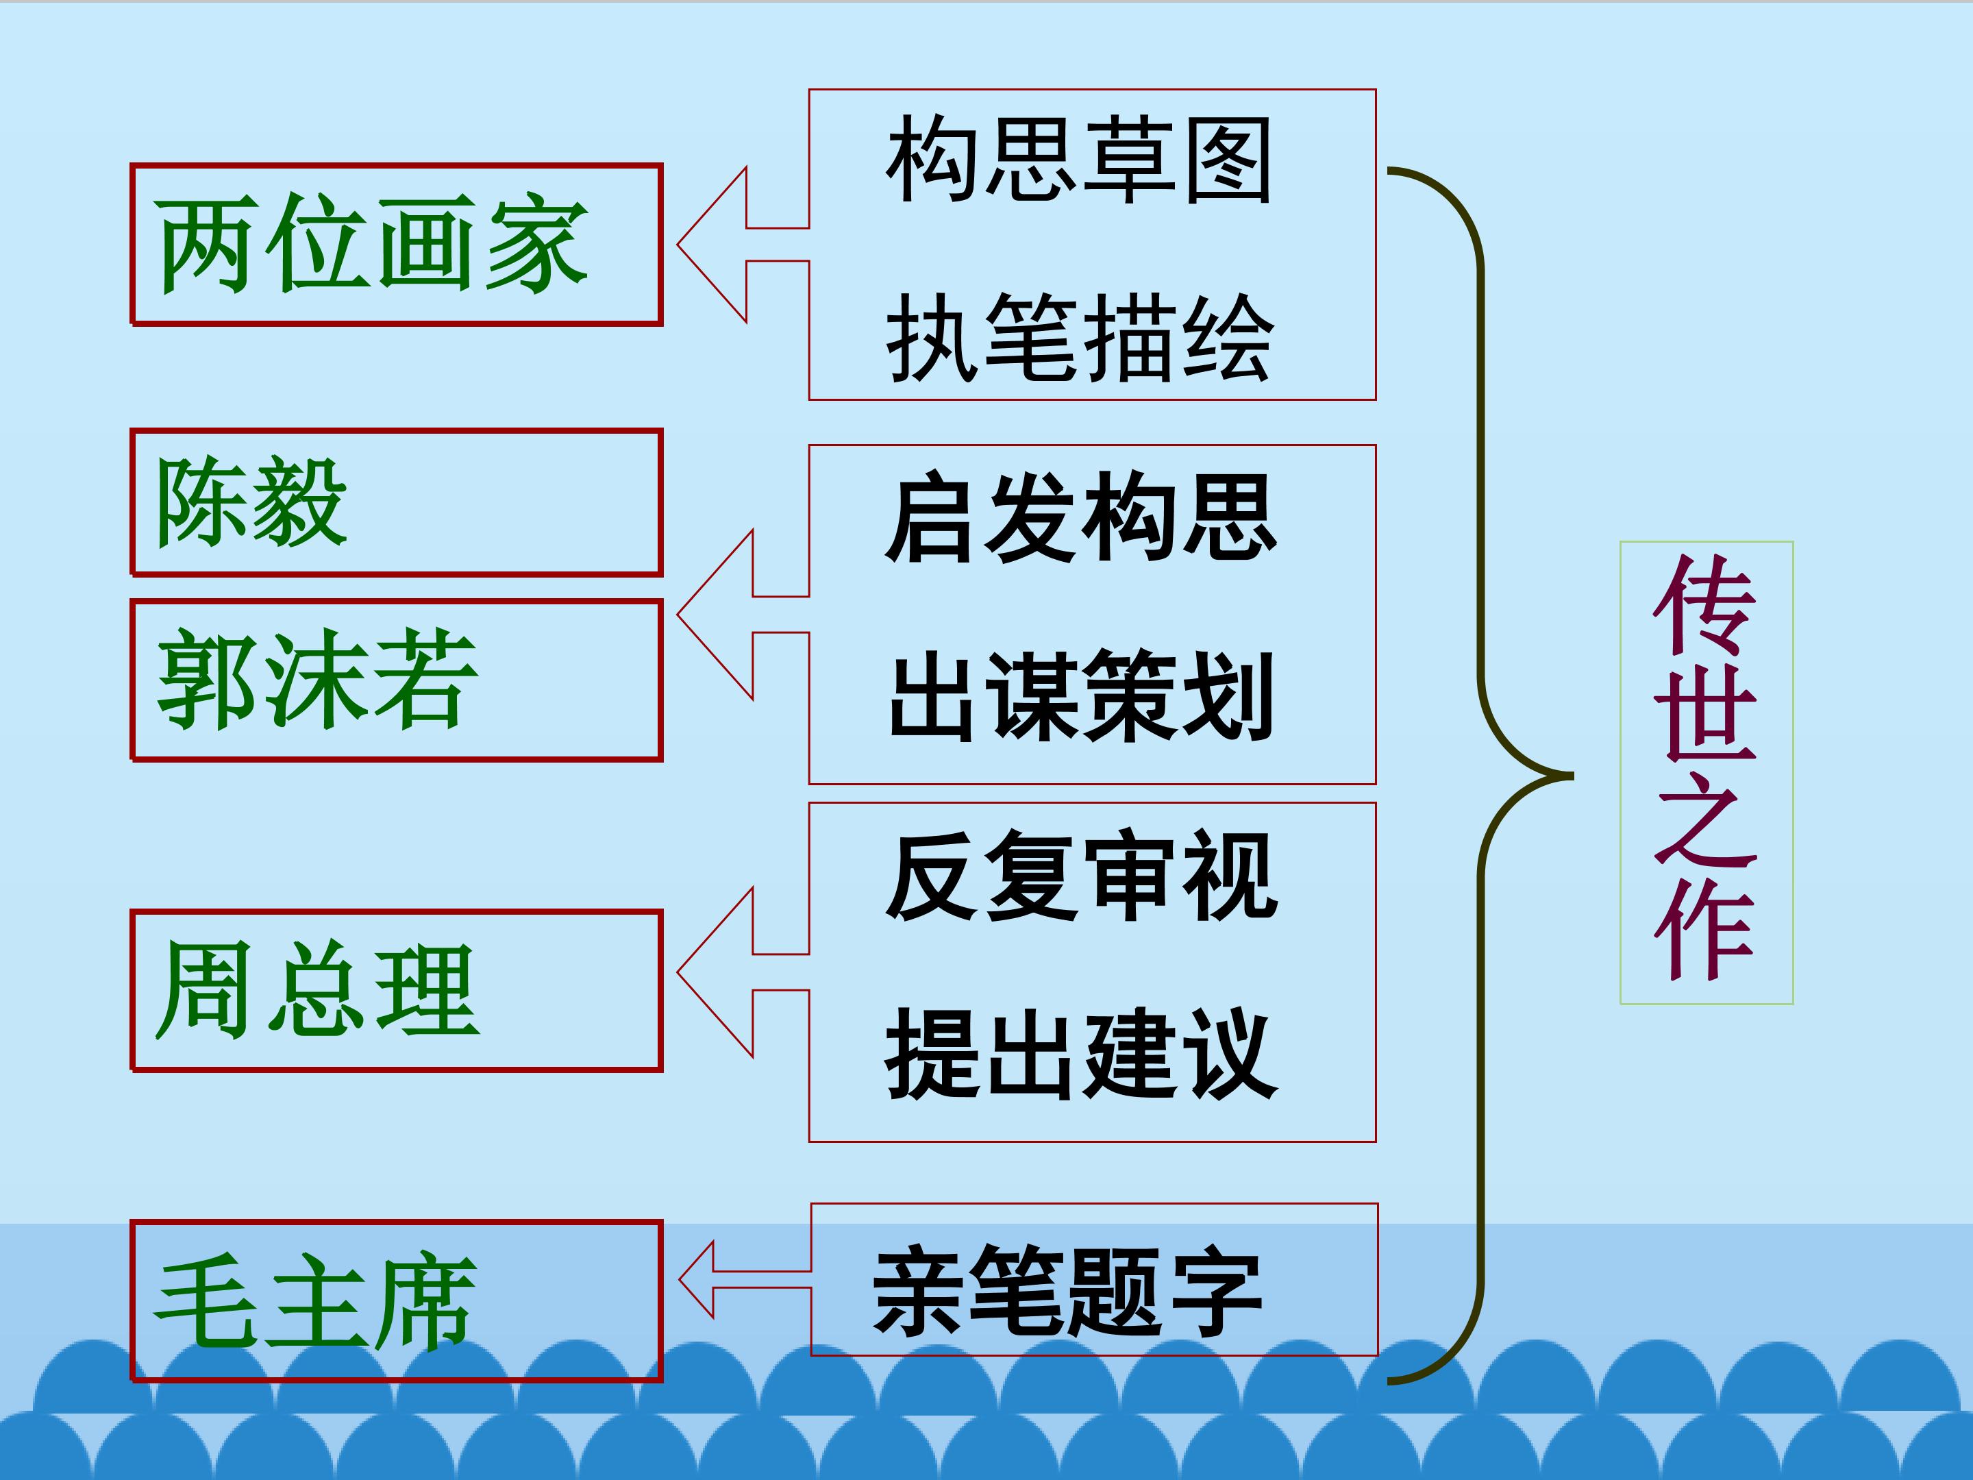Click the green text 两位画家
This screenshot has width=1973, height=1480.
click(372, 243)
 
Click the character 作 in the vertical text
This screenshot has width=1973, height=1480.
click(1704, 930)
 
